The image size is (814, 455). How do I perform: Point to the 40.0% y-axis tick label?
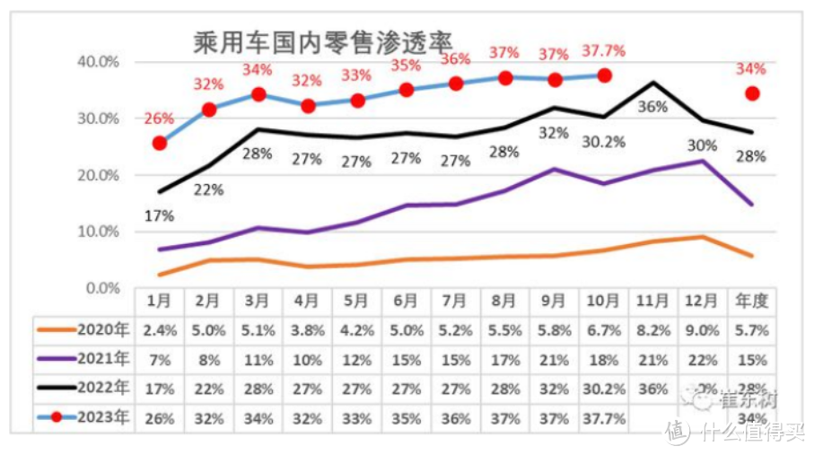(99, 62)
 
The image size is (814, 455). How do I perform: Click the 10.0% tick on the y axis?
(99, 232)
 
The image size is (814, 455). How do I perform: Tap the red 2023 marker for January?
(160, 143)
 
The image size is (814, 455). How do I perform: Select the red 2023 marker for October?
(604, 75)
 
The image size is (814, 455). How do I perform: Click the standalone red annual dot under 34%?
(752, 93)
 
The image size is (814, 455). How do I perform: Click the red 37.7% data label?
(604, 50)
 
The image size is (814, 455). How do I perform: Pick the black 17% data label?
(159, 215)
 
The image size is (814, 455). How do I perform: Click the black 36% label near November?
(652, 107)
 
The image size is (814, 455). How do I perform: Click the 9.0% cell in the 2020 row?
(702, 329)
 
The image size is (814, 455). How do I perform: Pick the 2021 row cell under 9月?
(554, 359)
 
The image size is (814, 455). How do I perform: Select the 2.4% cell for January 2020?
(160, 329)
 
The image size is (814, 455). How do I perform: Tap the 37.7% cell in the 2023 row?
(603, 418)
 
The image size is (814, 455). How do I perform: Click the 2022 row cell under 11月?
(652, 389)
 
